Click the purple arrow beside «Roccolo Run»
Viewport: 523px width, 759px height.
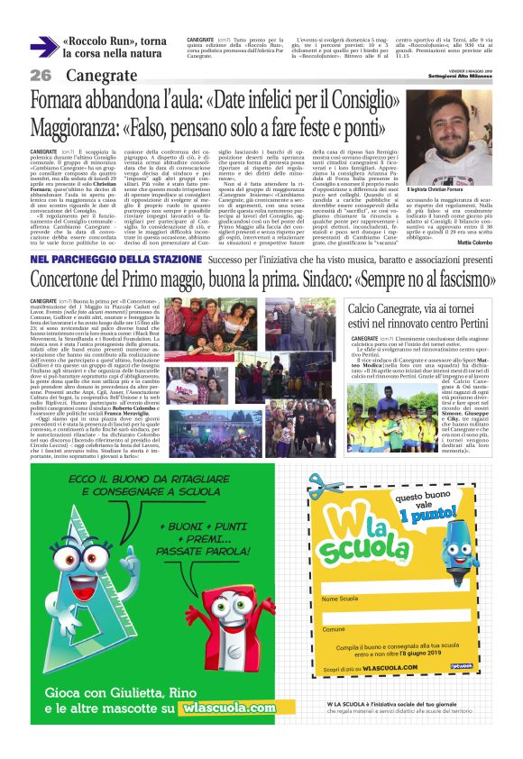click(43, 47)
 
